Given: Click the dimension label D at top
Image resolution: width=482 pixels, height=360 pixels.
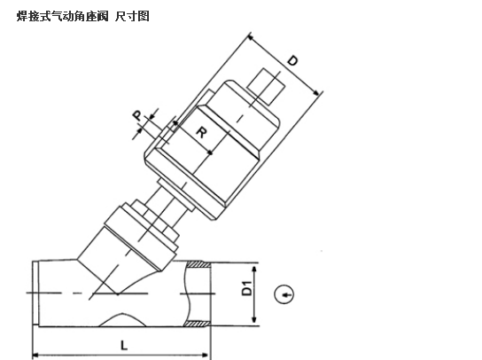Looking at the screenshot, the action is click(x=292, y=60).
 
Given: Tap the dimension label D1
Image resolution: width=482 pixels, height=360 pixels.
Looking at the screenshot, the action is click(x=247, y=288).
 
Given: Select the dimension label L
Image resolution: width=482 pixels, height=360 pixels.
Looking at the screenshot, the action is click(x=123, y=345).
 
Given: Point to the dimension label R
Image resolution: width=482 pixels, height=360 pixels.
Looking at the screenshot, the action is click(x=202, y=133).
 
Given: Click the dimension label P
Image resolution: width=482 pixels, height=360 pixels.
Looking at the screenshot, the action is click(x=137, y=115).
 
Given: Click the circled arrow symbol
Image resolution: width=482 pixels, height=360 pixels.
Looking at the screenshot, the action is click(x=284, y=294).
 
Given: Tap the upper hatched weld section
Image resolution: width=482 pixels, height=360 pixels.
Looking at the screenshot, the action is click(x=198, y=264).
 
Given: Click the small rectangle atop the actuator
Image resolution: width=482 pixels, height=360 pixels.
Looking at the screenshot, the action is click(x=266, y=87).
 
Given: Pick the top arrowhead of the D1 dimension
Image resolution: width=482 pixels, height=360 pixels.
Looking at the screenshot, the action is click(x=254, y=270).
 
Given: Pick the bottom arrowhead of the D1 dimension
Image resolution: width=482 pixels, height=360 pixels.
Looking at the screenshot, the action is click(x=254, y=319).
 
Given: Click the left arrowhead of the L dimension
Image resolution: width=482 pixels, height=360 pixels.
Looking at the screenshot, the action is click(x=36, y=356).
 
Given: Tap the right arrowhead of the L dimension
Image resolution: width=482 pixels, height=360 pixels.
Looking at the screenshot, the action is click(x=206, y=356).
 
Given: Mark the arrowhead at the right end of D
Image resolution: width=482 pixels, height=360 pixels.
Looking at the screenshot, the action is click(x=316, y=92).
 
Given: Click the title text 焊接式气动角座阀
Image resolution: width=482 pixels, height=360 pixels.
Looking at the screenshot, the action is click(x=62, y=16).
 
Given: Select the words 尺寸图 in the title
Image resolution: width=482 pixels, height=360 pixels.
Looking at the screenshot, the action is click(x=132, y=16).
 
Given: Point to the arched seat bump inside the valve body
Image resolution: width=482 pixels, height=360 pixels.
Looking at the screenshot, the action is click(x=122, y=319).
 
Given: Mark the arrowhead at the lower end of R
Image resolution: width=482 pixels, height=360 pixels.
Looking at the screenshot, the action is click(x=210, y=152).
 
